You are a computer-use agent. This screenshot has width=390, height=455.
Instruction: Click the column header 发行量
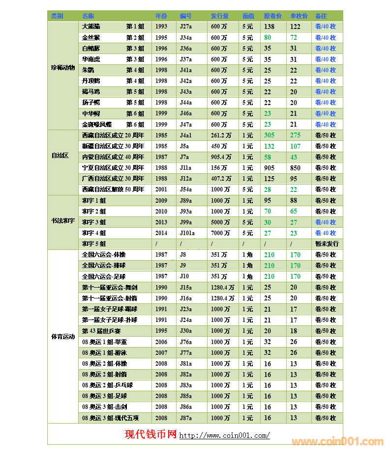[x=219, y=16]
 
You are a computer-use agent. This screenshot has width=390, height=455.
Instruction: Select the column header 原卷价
[x=272, y=16]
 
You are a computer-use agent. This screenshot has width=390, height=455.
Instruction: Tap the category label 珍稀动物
[x=62, y=68]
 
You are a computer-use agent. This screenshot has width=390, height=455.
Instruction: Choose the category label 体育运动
[x=62, y=337]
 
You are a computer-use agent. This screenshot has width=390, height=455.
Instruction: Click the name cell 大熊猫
[x=91, y=27]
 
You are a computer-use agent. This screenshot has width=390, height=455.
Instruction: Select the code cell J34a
[x=186, y=37]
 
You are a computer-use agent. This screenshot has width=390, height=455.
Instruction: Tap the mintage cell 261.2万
[x=221, y=135]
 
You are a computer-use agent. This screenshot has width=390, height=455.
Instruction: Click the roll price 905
[x=269, y=168]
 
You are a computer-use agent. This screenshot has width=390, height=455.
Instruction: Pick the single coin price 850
[x=295, y=168]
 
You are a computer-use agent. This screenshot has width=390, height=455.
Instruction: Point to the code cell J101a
[x=187, y=233]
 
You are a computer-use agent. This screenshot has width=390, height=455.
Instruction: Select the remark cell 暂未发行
[x=327, y=244]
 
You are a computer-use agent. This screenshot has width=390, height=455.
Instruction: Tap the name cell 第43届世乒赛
[x=102, y=331]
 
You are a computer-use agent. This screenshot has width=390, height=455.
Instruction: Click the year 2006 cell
[x=161, y=342]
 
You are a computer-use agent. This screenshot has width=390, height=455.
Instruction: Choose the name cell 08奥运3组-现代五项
[x=110, y=418]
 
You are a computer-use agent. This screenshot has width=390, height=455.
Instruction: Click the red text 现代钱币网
[x=150, y=434]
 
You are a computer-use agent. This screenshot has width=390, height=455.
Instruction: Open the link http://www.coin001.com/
[x=224, y=435]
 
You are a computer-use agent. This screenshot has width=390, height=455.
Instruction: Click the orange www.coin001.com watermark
[x=337, y=441]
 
